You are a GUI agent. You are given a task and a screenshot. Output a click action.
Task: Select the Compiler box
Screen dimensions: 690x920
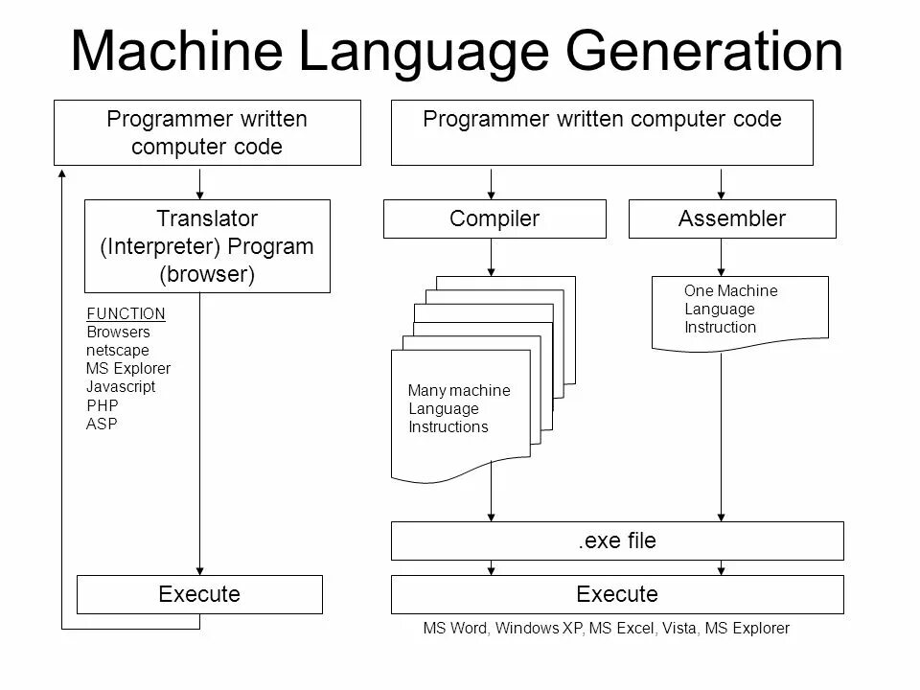pos(494,218)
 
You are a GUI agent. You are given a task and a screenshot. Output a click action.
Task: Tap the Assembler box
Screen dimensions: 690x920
pos(732,218)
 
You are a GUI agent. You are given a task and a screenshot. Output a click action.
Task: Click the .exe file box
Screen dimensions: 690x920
pos(617,540)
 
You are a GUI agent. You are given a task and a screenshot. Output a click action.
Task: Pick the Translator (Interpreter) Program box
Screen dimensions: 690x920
pos(207,246)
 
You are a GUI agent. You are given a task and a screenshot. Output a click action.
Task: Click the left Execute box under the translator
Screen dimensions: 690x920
pos(199,594)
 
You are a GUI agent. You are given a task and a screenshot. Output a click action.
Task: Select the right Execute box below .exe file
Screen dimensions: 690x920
pos(617,594)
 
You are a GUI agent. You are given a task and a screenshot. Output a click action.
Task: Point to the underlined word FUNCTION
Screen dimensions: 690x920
pos(126,313)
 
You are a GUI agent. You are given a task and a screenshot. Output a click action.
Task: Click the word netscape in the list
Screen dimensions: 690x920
pos(117,350)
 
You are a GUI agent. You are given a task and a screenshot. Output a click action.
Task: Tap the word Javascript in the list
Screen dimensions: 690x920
pos(120,387)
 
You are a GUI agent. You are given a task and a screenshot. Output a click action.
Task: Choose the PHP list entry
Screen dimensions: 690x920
pos(103,405)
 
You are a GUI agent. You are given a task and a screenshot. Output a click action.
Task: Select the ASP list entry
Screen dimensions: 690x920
pos(102,424)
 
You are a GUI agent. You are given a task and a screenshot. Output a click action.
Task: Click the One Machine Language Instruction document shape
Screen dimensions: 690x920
pos(739,310)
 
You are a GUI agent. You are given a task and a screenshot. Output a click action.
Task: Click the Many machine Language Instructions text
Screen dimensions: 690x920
pos(458,409)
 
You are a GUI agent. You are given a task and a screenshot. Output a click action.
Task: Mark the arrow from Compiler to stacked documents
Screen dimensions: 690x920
pos(492,257)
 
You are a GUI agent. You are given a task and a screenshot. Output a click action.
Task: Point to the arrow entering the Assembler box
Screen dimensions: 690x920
pos(721,183)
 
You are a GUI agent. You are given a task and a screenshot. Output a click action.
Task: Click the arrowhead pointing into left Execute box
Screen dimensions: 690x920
pos(200,568)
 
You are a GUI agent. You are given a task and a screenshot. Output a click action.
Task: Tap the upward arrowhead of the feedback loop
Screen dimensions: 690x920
pos(62,173)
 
